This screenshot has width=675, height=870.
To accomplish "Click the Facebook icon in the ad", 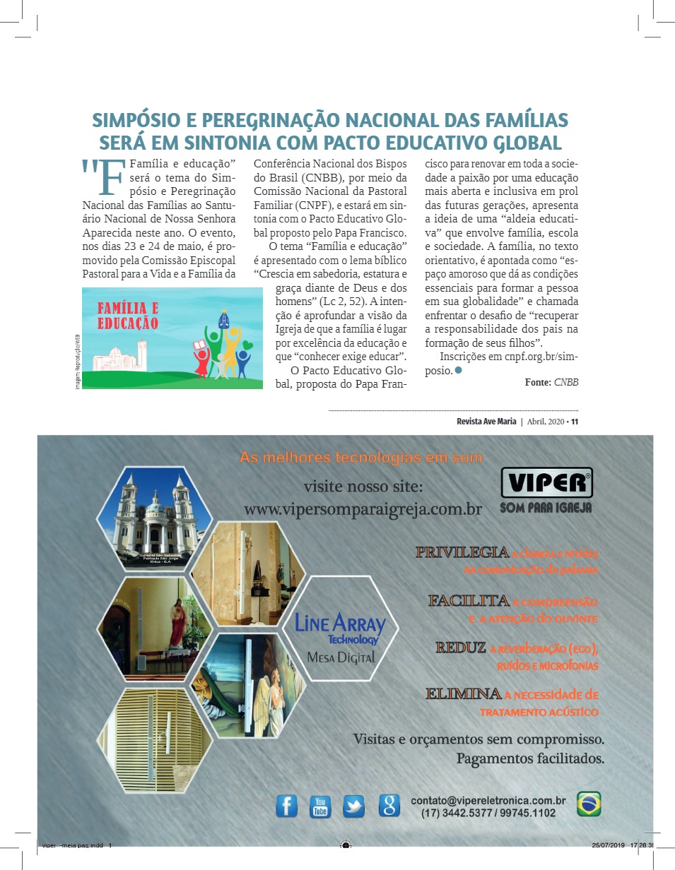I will click(286, 806).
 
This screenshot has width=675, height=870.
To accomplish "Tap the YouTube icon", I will click(320, 806).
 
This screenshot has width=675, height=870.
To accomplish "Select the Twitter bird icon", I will click(353, 806).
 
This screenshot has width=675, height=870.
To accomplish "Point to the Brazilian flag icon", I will click(589, 804).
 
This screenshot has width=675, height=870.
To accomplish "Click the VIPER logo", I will click(546, 483).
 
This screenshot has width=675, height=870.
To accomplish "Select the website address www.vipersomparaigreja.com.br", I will click(363, 509).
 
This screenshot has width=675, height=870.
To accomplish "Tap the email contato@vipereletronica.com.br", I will click(488, 801).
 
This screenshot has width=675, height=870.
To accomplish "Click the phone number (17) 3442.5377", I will click(454, 814).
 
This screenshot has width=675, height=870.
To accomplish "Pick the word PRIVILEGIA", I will click(462, 552).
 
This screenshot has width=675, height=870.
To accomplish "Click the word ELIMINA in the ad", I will click(464, 694).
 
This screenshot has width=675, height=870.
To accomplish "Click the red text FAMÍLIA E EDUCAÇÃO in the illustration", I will click(128, 316).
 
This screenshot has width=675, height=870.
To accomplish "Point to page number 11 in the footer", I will click(575, 422).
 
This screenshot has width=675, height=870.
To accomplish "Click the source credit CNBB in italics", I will click(566, 382).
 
